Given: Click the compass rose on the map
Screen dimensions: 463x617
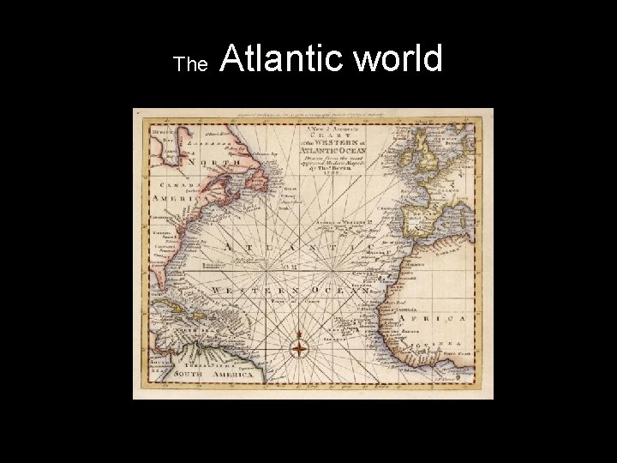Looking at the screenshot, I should pos(299,348).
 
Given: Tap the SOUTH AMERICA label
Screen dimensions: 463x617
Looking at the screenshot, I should pos(201,375).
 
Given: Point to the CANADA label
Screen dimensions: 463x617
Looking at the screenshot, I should pos(162,184).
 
